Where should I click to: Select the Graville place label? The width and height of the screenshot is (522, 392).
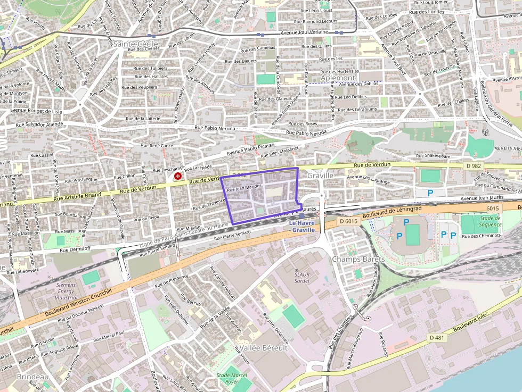point(320,175)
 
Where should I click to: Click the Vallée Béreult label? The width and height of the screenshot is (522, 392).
point(263,347)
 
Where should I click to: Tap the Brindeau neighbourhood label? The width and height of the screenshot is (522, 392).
point(32,377)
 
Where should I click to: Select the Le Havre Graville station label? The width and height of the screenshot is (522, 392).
point(302,226)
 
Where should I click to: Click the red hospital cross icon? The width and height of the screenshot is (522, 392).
point(177,176)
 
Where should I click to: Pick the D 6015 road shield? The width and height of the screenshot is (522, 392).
point(348,220)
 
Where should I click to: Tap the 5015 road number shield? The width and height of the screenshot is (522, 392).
point(492,208)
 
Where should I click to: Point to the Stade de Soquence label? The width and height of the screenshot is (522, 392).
point(490,221)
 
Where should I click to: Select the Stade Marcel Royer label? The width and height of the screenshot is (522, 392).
point(232,378)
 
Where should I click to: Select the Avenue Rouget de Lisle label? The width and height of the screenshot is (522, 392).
point(36,112)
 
